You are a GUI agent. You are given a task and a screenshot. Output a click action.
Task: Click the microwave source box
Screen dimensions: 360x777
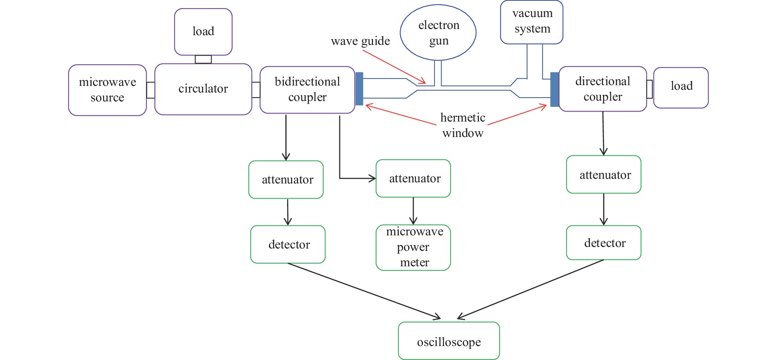tap(107, 90)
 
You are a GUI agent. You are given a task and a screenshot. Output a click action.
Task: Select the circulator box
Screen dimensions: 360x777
tap(203, 89)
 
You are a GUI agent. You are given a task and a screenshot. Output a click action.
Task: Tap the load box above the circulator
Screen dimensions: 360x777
tap(203, 32)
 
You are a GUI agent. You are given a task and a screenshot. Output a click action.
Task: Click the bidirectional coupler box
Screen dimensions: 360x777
tap(307, 90)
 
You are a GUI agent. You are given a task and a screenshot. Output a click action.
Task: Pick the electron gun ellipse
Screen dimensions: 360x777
tap(438, 33)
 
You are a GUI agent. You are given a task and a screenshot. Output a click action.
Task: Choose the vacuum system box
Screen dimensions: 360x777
tap(532, 22)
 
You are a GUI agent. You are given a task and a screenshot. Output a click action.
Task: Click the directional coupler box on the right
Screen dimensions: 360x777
tap(602, 89)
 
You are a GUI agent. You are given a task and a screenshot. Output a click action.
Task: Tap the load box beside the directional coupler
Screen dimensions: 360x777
tap(681, 87)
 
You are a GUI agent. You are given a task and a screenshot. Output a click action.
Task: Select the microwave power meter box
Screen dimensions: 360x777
tap(413, 247)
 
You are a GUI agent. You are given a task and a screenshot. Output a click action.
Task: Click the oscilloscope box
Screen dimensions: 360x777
tap(449, 341)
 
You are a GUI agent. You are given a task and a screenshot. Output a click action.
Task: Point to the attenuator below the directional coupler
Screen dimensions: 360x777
tap(604, 175)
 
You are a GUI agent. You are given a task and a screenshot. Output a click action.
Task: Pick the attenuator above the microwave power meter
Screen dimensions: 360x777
tap(413, 178)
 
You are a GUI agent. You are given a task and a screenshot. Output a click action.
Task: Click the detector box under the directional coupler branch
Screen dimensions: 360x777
tap(604, 243)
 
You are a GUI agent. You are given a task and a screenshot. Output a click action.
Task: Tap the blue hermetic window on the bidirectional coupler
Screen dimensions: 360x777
tap(359, 89)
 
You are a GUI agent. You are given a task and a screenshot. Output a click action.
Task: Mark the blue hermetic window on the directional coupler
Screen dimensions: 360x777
tap(555, 89)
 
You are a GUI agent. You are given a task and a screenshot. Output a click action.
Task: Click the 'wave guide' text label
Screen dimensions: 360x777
tap(360, 41)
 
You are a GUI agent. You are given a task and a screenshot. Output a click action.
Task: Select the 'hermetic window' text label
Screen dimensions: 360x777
tap(463, 125)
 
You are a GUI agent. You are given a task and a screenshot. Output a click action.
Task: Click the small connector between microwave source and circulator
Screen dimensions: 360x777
tap(151, 90)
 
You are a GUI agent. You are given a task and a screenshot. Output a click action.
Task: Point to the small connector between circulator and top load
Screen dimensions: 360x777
tap(203, 59)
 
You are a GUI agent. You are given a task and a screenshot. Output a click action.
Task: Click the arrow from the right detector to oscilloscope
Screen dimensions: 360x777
tap(530, 289)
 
